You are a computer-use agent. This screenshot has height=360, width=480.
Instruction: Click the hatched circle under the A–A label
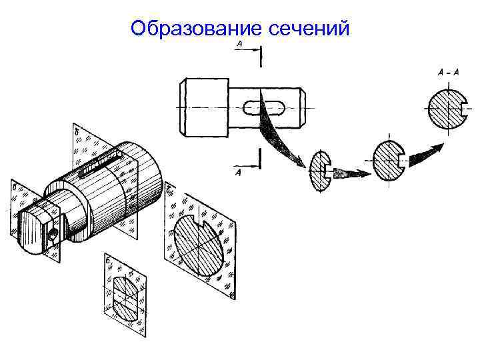(444, 109)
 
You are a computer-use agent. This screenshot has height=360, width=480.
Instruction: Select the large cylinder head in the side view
(203, 105)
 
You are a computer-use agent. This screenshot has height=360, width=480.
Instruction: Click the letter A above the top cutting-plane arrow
(239, 44)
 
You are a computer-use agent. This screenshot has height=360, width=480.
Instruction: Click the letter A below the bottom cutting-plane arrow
(238, 173)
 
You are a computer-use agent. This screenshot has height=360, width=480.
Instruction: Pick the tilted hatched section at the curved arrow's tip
(319, 171)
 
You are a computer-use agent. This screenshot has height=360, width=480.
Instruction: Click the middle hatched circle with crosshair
(390, 159)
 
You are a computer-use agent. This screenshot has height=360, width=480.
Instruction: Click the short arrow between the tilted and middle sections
(349, 173)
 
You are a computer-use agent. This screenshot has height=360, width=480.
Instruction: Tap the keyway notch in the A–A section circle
(459, 109)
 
